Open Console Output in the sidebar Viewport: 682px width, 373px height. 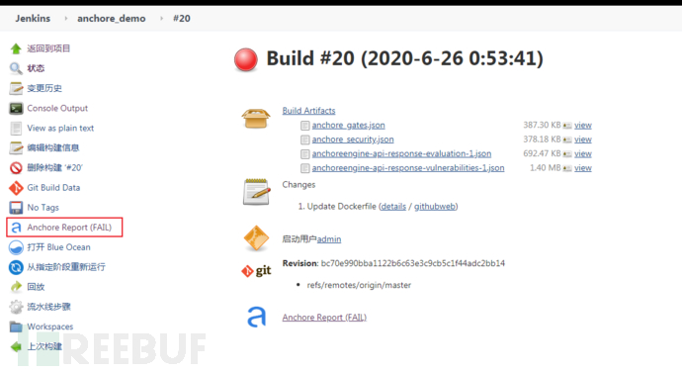tap(57, 108)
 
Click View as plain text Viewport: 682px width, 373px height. tap(60, 128)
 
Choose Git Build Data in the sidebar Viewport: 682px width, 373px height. tap(53, 187)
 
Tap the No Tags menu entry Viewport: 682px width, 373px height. tap(44, 207)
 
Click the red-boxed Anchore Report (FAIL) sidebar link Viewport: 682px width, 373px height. tap(67, 228)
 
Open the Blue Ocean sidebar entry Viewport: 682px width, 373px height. tap(58, 247)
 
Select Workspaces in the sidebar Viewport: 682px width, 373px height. tap(49, 326)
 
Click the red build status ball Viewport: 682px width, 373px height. tap(246, 60)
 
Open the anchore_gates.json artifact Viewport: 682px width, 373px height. tap(348, 125)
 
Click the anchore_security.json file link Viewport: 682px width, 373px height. tap(352, 140)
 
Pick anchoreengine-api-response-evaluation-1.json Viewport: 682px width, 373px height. tap(401, 153)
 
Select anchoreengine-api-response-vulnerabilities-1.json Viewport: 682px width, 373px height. tap(408, 168)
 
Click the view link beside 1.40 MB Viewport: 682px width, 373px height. tap(582, 168)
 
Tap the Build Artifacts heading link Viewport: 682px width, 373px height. tap(308, 110)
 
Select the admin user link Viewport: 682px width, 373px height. tap(329, 238)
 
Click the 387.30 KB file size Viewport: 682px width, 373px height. tap(543, 125)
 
